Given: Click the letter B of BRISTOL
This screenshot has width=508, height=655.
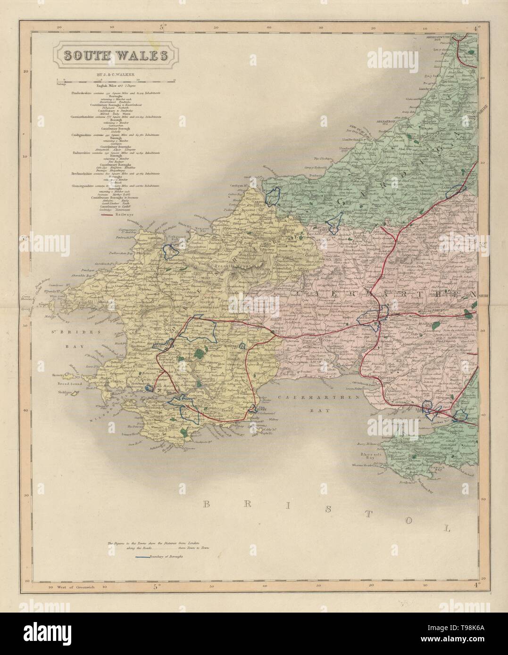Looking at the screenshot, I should (x=207, y=505).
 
